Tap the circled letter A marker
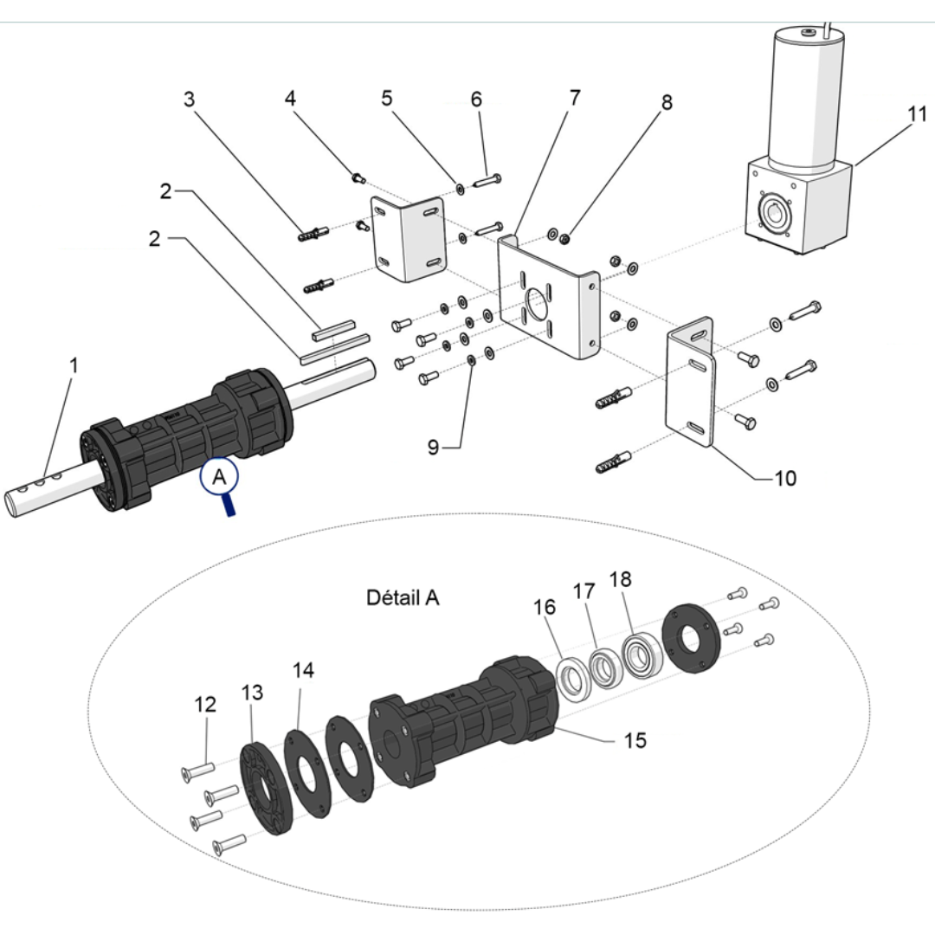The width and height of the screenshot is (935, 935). tap(218, 476)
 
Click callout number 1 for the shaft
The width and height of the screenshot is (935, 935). tap(74, 365)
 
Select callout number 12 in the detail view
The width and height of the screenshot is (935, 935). tap(205, 706)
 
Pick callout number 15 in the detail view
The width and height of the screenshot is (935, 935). tap(635, 741)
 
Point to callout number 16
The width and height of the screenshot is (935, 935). tap(544, 607)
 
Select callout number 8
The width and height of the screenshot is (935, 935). tap(666, 102)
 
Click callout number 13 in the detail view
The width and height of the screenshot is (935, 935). tap(251, 693)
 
